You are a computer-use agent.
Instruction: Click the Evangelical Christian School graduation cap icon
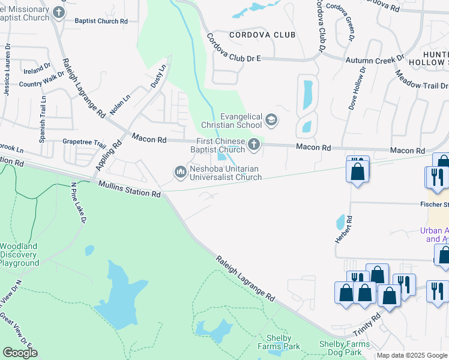pos(271,121)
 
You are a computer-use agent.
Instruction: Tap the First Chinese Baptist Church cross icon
pos(254,145)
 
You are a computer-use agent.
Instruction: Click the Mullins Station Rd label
pos(130,190)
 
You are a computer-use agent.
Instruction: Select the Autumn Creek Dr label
pos(375,60)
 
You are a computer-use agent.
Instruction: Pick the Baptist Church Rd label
pos(101,21)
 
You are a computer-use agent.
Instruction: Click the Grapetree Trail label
pos(84,145)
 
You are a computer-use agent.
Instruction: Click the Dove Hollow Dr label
pos(357,88)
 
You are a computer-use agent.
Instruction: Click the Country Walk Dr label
pos(41,80)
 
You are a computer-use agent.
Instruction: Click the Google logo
pos(20,353)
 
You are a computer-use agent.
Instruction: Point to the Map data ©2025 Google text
pos(412,355)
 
